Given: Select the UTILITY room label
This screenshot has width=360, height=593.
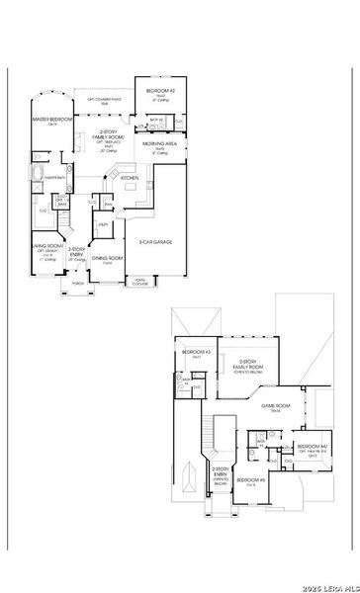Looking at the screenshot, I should pyautogui.click(x=102, y=225).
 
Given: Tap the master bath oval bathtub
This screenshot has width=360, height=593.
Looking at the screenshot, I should pyautogui.click(x=39, y=176).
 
